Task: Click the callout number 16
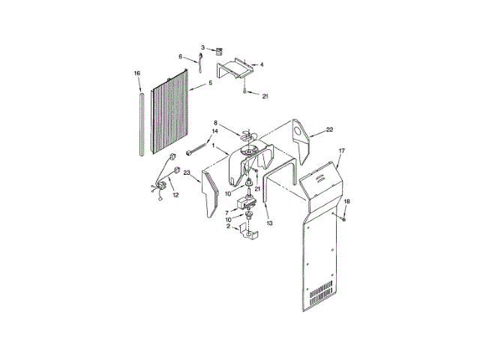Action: [137, 73]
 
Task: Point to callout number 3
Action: [202, 48]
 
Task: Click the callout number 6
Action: [181, 56]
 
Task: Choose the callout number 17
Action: [341, 151]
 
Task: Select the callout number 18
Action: [347, 202]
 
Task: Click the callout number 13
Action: [269, 223]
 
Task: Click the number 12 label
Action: [176, 195]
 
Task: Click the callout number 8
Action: [215, 122]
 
